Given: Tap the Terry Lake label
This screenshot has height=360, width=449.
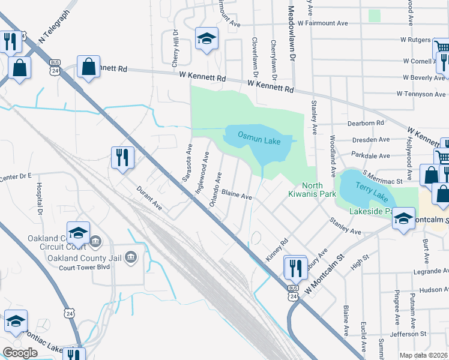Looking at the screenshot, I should [368, 187].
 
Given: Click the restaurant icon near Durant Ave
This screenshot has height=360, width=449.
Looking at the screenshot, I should [122, 158].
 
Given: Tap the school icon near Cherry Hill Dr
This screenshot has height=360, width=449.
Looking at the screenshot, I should [206, 39].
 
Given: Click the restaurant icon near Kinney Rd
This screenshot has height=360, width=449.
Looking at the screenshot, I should [294, 267].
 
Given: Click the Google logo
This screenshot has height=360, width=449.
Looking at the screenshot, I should [20, 353].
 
